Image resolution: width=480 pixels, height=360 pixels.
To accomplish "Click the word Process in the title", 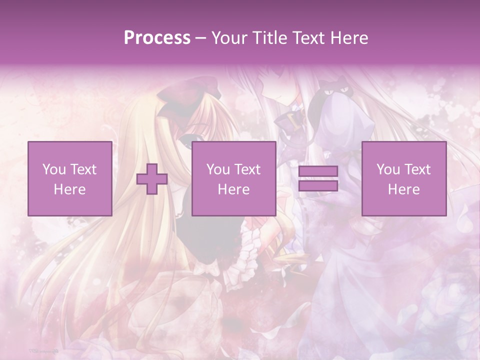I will [x=157, y=38].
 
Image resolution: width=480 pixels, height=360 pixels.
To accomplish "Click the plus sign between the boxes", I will [x=152, y=179].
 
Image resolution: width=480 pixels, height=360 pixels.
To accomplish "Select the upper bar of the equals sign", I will [x=318, y=171].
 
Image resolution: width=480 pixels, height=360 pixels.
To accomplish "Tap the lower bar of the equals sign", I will [x=318, y=186].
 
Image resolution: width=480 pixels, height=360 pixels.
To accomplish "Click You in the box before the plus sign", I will [x=53, y=169].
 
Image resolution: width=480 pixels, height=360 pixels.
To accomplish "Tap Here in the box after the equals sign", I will [x=403, y=189].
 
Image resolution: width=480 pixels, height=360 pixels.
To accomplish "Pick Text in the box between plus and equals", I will [x=247, y=169].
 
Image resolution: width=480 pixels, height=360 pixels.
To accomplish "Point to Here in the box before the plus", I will [x=69, y=189].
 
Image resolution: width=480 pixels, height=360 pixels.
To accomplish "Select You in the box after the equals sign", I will [x=388, y=169].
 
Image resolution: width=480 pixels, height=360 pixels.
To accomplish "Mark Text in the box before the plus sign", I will [x=83, y=169].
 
